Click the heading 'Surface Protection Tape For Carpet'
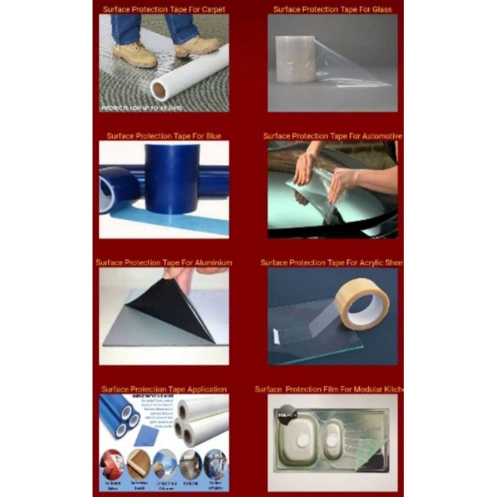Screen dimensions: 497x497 click(164, 9)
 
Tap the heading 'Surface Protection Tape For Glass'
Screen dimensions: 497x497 click(332, 9)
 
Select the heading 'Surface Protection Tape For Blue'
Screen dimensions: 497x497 click(164, 136)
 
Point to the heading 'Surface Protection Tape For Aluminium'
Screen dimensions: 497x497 click(164, 263)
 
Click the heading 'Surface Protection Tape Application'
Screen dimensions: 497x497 click(164, 390)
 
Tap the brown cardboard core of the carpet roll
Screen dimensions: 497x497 click(159, 91)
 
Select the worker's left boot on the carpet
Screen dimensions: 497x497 click(135, 55)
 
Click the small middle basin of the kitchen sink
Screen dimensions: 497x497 click(334, 431)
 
